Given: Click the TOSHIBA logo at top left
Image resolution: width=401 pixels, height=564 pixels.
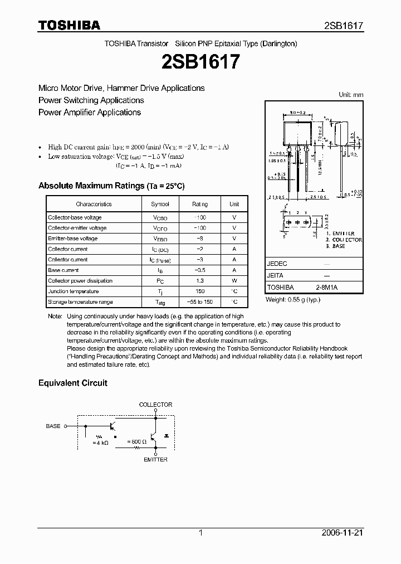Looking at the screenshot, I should click(69, 25).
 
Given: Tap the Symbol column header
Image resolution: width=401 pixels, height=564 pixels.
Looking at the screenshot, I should click(160, 205).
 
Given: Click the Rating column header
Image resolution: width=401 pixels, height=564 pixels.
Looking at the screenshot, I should click(200, 205).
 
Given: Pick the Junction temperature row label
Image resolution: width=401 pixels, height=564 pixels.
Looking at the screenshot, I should click(74, 291).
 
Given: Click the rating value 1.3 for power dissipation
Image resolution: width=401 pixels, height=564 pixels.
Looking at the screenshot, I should click(200, 281).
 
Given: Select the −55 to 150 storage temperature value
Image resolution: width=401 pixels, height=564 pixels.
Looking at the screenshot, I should click(200, 302).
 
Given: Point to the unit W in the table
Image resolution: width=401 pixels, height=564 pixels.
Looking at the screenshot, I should click(234, 281).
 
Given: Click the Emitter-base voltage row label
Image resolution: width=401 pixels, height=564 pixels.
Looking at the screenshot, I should click(73, 239).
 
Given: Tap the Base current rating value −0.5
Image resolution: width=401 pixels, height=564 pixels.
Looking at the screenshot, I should click(200, 270).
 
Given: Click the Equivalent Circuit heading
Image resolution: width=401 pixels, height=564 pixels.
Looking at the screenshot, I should click(72, 383).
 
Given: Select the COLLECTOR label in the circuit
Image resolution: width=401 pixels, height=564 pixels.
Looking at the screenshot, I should click(155, 405).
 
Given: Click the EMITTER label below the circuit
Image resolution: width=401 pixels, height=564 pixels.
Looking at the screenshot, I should click(155, 460).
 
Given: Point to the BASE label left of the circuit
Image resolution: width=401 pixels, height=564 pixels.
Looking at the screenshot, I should click(53, 426).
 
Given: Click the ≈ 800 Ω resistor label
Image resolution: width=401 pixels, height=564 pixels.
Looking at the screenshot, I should click(138, 442).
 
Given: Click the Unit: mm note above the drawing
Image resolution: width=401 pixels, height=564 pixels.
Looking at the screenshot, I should click(351, 95).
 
